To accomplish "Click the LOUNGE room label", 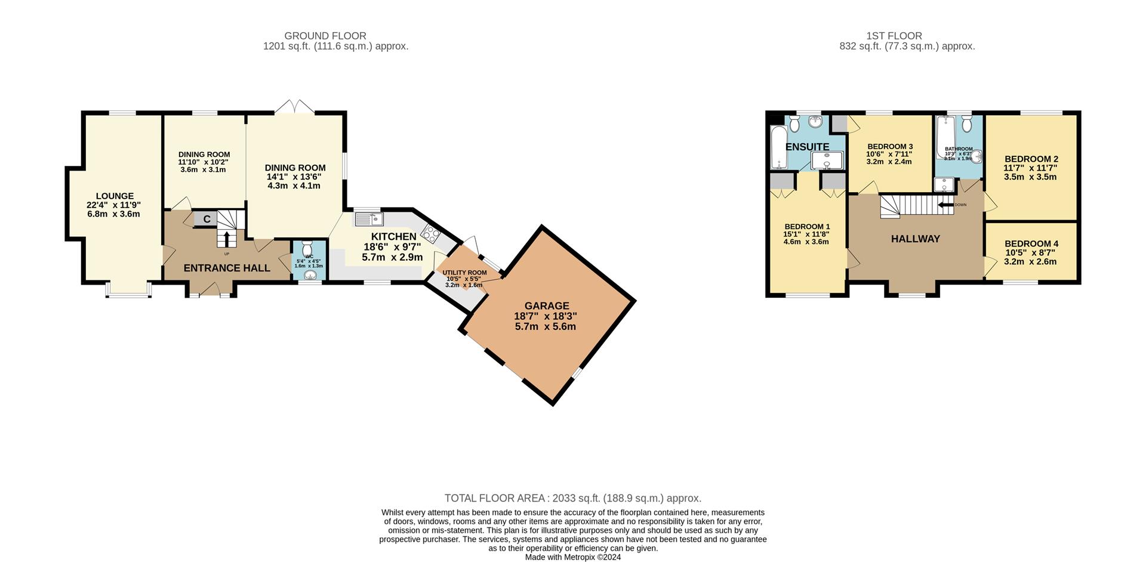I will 115,196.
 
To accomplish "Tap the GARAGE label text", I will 546,305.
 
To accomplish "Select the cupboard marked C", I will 206,219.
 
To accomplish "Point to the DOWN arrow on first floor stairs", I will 946,205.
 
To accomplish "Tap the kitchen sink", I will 369,219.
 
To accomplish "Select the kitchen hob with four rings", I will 431,233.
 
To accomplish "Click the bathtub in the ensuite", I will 778,148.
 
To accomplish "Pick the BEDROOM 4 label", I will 1031,243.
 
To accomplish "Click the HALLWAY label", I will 915,239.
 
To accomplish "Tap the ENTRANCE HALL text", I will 227,268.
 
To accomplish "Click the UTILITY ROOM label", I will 464,273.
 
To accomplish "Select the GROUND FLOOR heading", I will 325,36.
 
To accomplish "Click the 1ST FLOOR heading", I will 894,36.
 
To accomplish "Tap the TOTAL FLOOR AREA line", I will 573,498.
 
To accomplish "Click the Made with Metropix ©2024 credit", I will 573,557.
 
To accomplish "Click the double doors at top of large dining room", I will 294,107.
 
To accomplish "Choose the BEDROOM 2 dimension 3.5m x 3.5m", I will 1031,177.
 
